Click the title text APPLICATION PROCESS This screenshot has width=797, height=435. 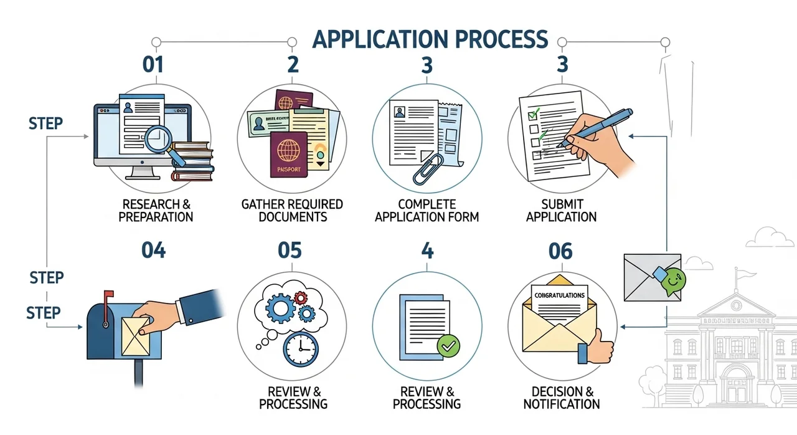point(430,39)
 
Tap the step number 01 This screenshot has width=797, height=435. point(153,65)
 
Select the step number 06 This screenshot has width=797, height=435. point(560,252)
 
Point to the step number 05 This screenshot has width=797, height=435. point(290,251)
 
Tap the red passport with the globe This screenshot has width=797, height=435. point(288,155)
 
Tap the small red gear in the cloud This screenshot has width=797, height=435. point(301,297)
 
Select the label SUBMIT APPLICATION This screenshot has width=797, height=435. point(561,211)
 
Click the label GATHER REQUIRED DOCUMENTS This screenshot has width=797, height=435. point(292,211)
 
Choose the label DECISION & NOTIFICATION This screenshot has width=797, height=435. point(561,398)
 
